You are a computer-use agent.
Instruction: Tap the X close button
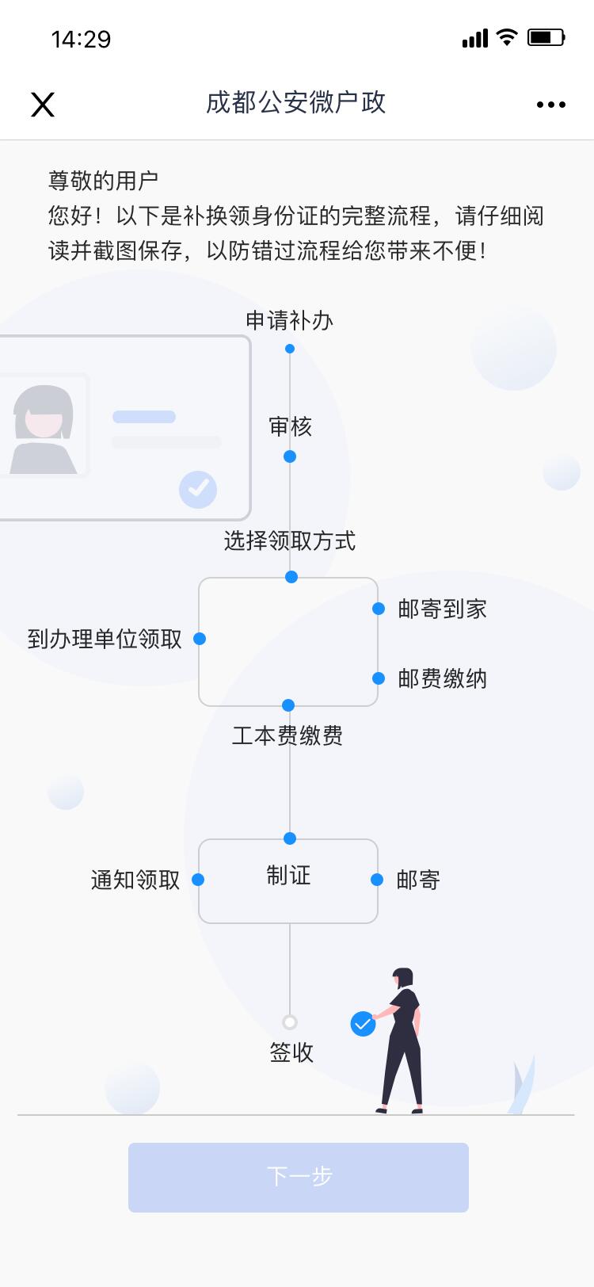[43, 104]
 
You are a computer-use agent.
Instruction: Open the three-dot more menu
[550, 104]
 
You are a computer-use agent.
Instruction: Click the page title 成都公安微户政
[295, 102]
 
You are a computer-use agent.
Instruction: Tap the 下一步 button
[299, 1177]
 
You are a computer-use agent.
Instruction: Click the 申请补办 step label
[289, 320]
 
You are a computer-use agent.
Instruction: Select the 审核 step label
[290, 427]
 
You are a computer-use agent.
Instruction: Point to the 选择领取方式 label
[289, 541]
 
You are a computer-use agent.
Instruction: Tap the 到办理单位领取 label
[105, 639]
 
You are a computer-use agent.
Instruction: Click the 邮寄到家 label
[442, 609]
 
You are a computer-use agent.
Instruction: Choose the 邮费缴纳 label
[442, 678]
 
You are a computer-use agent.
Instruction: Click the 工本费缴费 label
[287, 735]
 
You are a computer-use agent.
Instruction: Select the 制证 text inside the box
[288, 876]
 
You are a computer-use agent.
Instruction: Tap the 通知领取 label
[135, 880]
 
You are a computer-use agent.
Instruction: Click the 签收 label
[291, 1052]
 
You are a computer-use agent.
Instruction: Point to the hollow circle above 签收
[290, 1022]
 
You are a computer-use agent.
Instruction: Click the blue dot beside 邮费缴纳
[379, 678]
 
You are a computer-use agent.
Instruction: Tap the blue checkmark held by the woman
[363, 1024]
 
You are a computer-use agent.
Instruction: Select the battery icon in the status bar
[546, 37]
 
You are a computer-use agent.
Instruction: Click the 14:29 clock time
[81, 39]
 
